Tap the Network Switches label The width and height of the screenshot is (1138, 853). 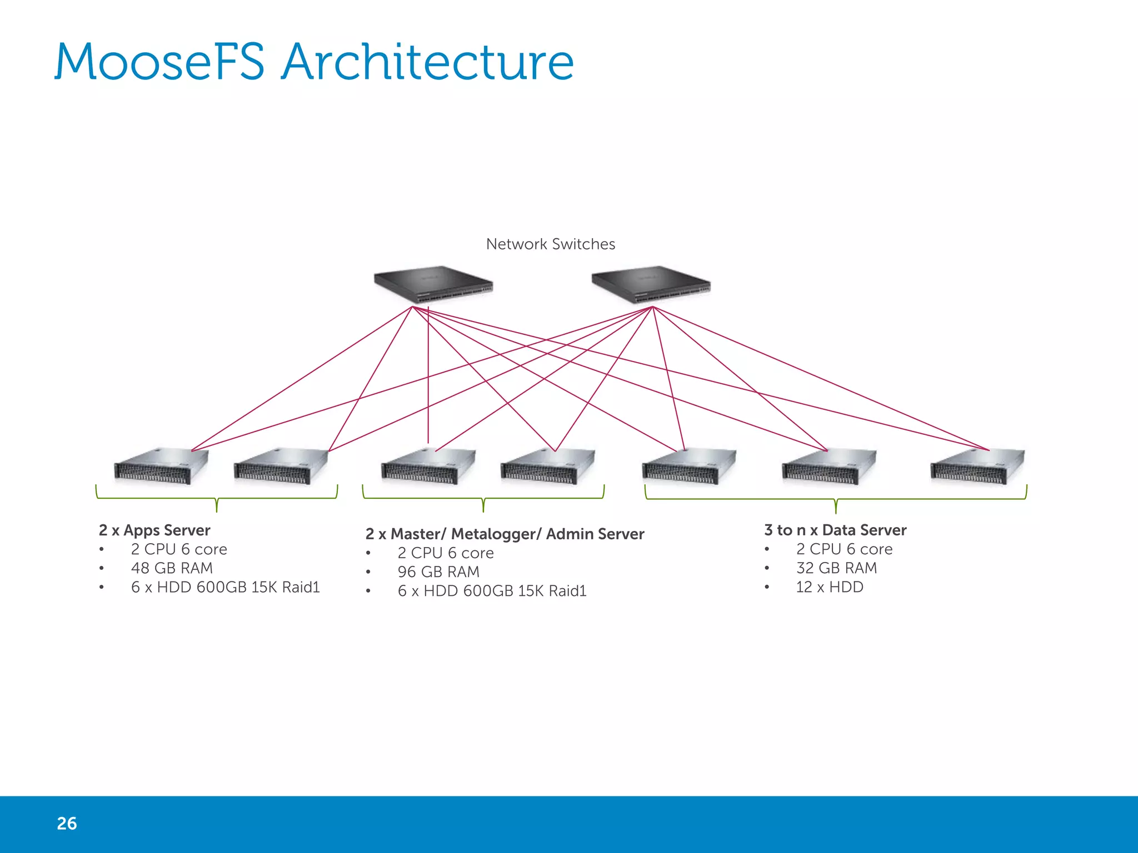pyautogui.click(x=550, y=244)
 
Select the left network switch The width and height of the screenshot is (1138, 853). pyautogui.click(x=433, y=284)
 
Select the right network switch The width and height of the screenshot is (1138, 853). pyautogui.click(x=651, y=284)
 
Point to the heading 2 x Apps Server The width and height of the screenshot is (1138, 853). pyautogui.click(x=154, y=530)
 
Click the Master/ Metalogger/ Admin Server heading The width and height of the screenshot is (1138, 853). pyautogui.click(x=505, y=534)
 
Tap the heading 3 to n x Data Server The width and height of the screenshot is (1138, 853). pyautogui.click(x=835, y=530)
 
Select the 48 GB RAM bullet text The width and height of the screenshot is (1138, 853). pyautogui.click(x=172, y=568)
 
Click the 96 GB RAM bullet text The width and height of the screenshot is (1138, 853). pyautogui.click(x=438, y=572)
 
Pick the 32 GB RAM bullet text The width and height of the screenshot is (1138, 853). pyautogui.click(x=836, y=568)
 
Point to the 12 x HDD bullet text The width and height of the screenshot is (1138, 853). pyautogui.click(x=829, y=587)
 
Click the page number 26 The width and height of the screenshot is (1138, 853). pyautogui.click(x=67, y=823)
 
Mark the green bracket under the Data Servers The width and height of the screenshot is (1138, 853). pyautogui.click(x=836, y=499)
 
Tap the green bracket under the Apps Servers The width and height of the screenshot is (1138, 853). pyautogui.click(x=217, y=498)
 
